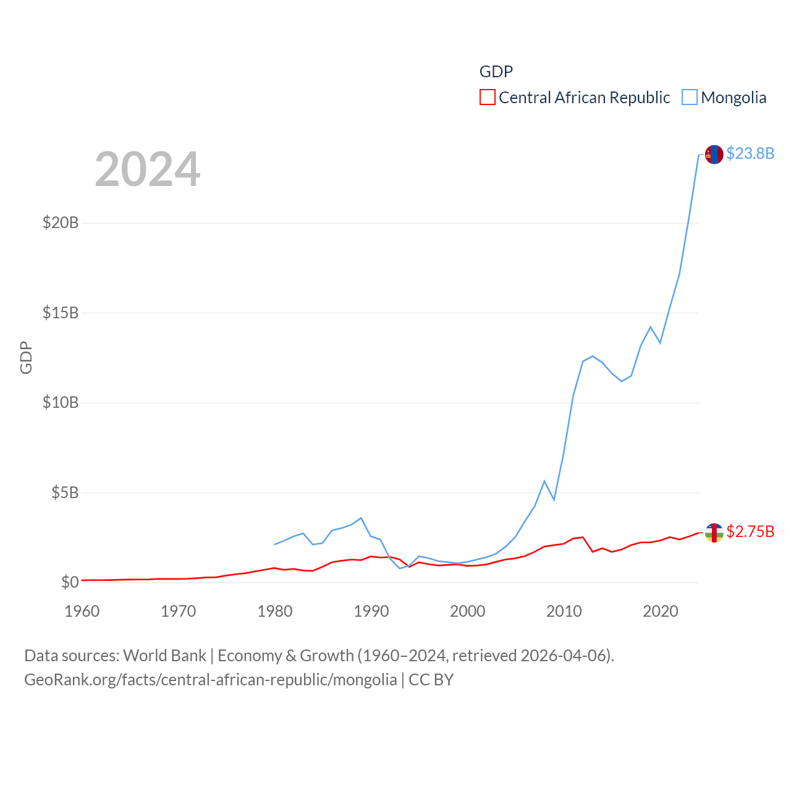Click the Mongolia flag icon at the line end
click(714, 154)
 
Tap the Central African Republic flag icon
click(714, 533)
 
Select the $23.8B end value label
click(750, 153)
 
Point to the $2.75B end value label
click(750, 531)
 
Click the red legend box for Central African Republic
click(488, 98)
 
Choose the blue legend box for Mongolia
click(690, 98)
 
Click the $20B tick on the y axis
click(61, 222)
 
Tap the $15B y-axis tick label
click(61, 313)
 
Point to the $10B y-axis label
click(61, 403)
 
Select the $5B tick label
click(65, 493)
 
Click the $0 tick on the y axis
click(70, 582)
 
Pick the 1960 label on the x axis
click(82, 611)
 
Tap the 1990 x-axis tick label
click(371, 611)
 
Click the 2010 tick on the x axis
click(564, 611)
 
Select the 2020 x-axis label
click(661, 611)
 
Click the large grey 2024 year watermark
click(148, 169)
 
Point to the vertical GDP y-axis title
click(26, 357)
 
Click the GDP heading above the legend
click(496, 72)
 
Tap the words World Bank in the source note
click(165, 656)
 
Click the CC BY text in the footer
click(431, 680)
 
